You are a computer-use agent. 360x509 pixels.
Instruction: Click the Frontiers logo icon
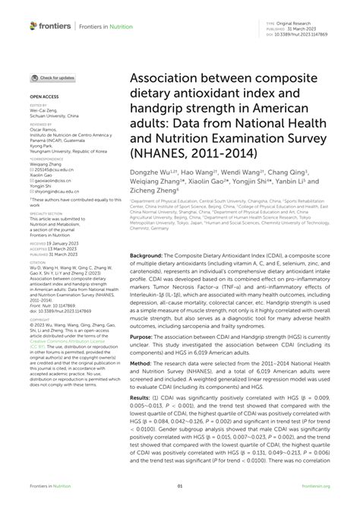click(x=33, y=26)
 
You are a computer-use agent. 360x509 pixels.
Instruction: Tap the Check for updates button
click(x=52, y=78)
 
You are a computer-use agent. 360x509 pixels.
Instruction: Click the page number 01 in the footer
click(x=180, y=487)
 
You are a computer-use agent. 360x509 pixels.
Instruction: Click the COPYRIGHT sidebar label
click(x=39, y=298)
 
